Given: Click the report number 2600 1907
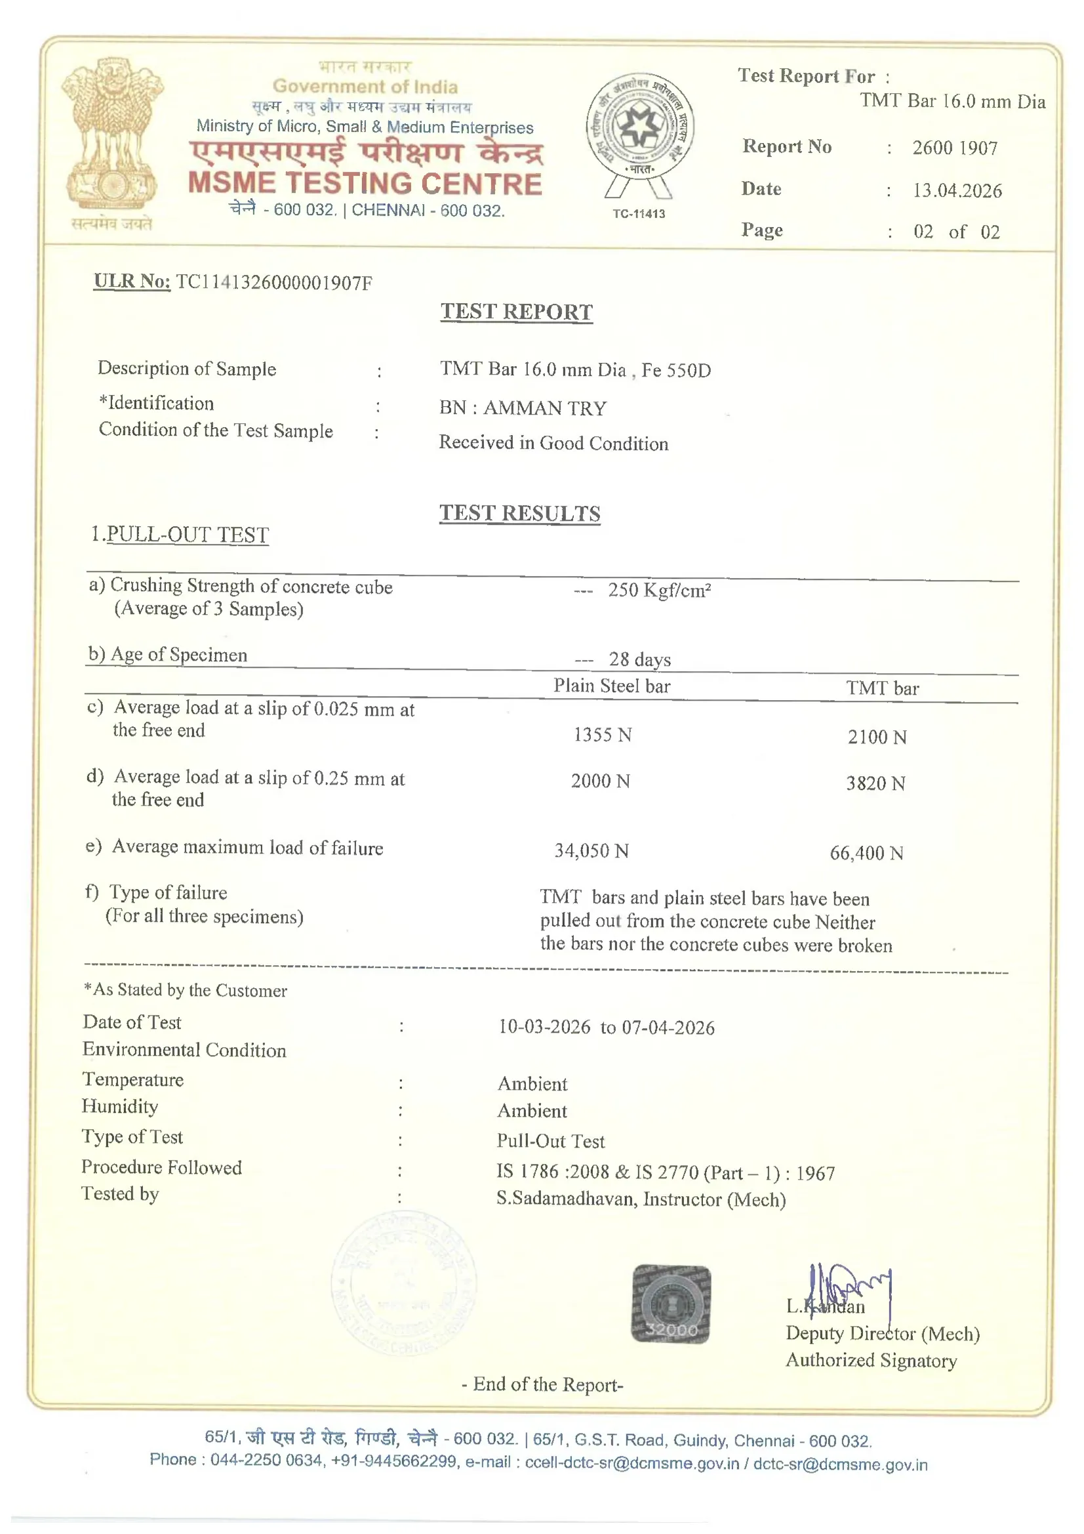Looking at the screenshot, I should [x=954, y=148].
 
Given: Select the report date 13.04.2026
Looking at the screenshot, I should [x=957, y=190].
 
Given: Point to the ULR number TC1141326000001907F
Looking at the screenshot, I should [x=274, y=283].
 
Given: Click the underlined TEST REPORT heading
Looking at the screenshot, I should [x=516, y=312].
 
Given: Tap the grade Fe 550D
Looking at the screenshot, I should [x=676, y=370].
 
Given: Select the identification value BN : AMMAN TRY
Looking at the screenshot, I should [x=523, y=407].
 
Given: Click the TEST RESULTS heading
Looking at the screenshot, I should [x=519, y=513].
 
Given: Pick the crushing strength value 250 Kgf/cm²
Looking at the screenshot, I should [x=658, y=591].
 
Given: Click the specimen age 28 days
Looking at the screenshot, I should [x=639, y=659].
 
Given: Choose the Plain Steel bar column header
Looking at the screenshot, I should [x=611, y=686].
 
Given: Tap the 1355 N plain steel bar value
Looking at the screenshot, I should [x=603, y=735].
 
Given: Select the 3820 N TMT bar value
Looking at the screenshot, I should [x=875, y=783].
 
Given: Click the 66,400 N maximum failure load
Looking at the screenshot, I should [x=866, y=852].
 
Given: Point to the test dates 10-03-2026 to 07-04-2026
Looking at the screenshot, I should [x=606, y=1027].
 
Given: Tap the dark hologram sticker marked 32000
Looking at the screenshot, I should [x=671, y=1304].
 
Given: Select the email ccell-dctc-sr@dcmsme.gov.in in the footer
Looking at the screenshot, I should [x=632, y=1463].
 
